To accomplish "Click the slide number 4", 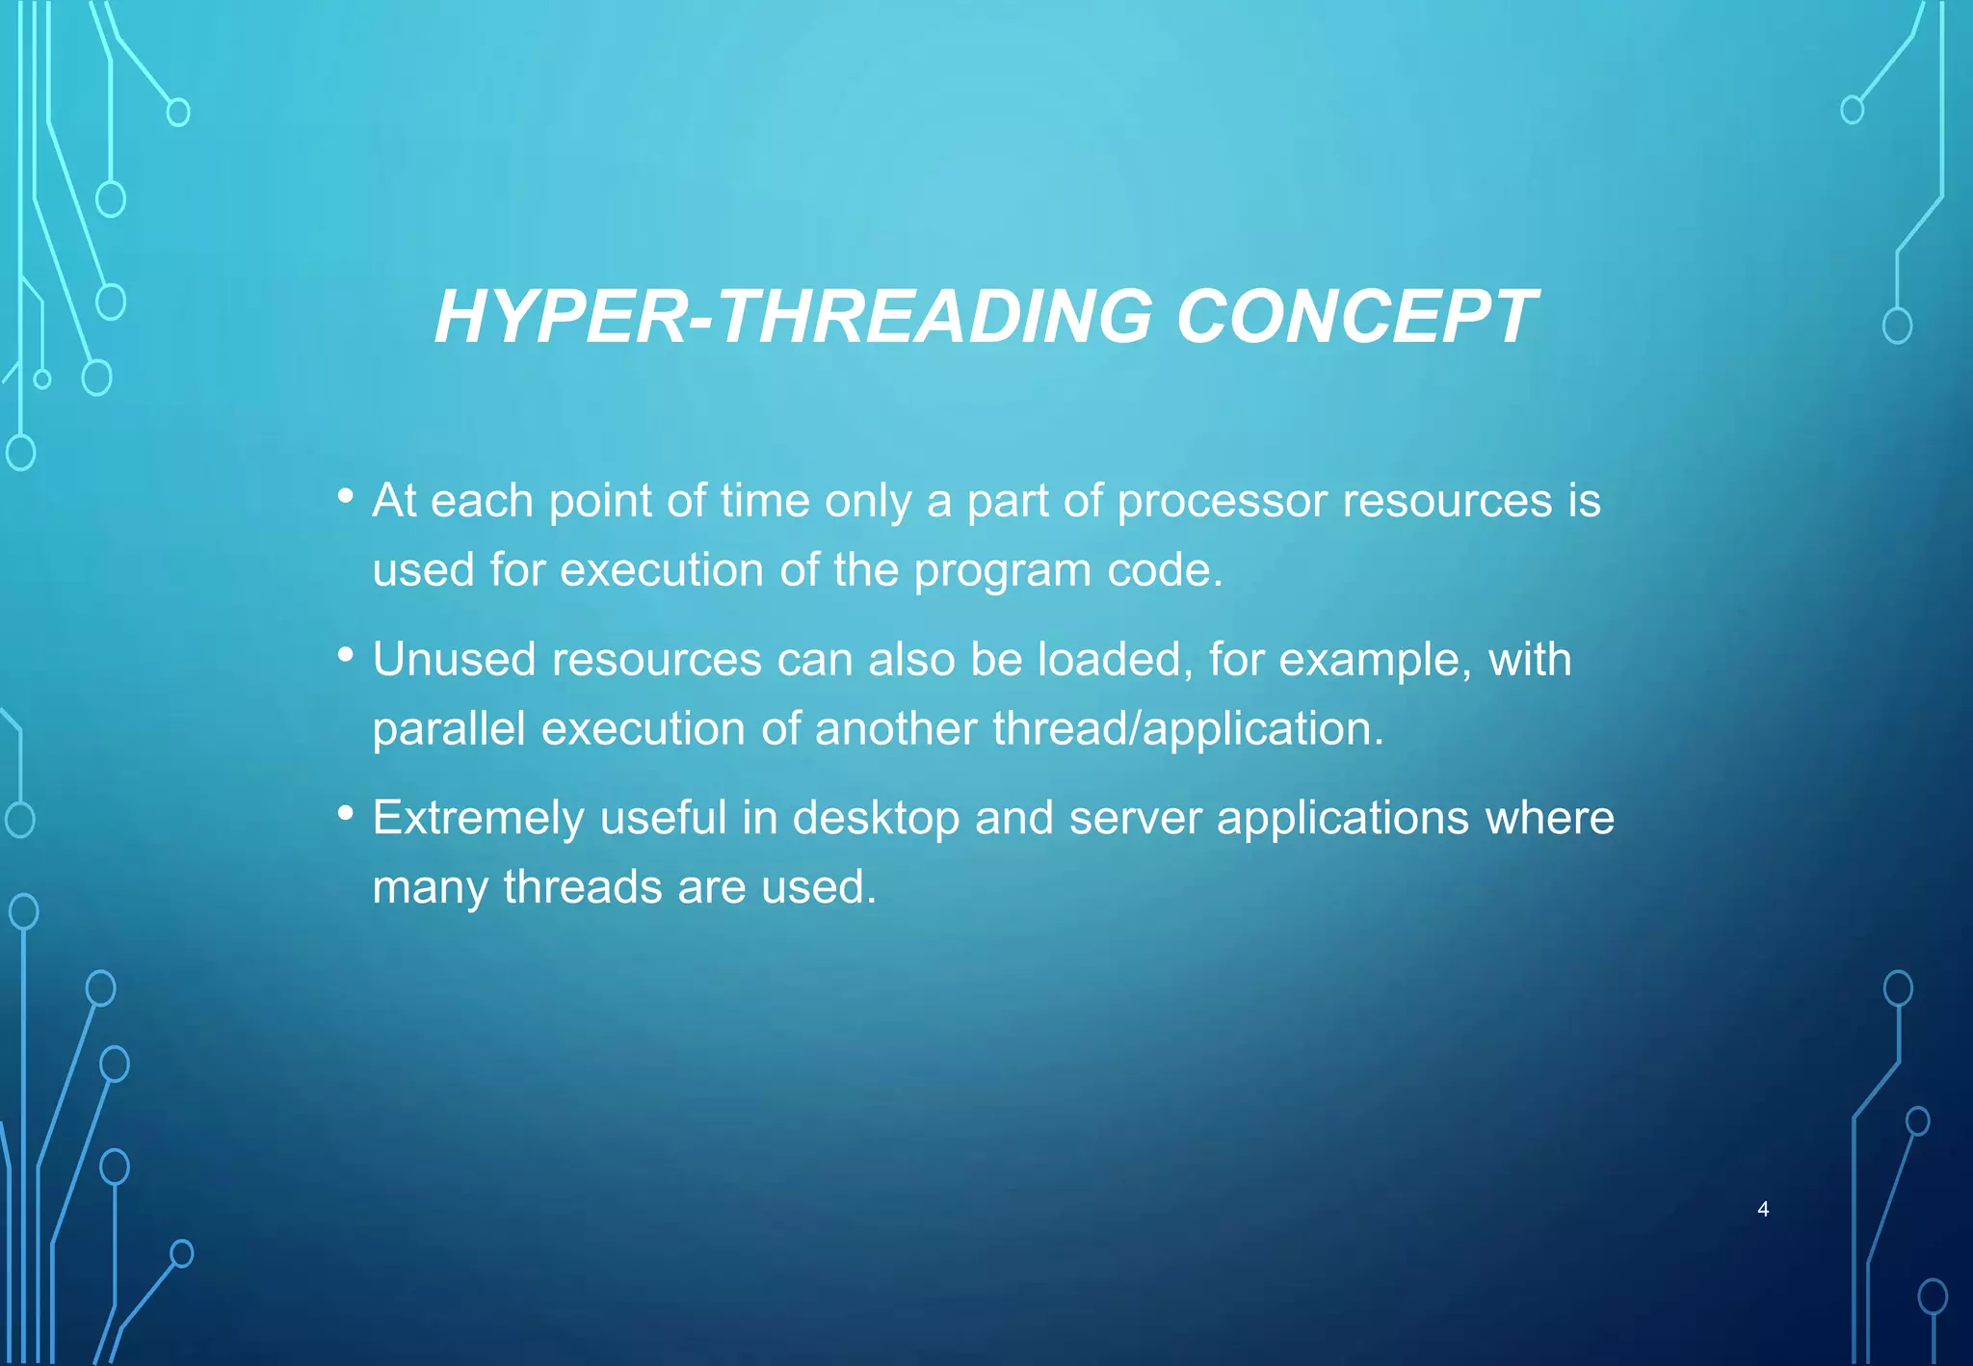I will tap(1763, 1209).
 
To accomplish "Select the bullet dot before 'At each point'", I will tap(346, 496).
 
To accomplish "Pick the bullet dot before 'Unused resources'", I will tap(346, 655).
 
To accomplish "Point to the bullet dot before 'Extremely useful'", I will tap(346, 813).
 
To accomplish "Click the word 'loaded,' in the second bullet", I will tap(1115, 660).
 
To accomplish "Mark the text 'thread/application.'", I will tap(1188, 729).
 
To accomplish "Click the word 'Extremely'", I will tap(478, 818).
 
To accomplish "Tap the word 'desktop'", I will tap(876, 819).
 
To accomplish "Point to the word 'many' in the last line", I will tap(430, 888).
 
